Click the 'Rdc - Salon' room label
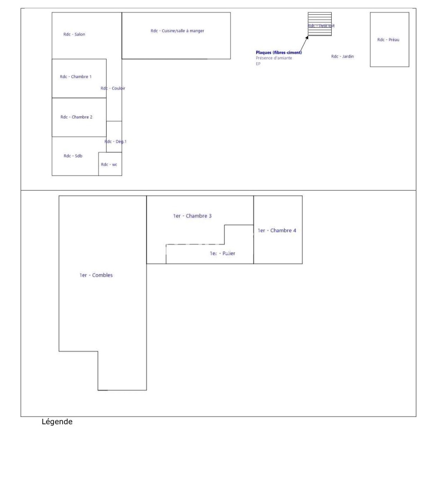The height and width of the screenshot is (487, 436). coord(74,35)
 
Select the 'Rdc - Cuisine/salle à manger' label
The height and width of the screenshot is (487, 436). coord(177,31)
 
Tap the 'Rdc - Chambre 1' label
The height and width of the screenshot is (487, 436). coord(75,77)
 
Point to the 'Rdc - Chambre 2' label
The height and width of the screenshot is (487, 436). coord(76,117)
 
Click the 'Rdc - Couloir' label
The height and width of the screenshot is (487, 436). coord(113,88)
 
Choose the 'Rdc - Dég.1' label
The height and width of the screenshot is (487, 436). coord(115,141)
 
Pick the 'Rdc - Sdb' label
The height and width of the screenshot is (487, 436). coord(73,156)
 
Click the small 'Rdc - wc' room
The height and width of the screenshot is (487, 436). coord(109,164)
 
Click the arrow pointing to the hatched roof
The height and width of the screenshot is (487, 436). coord(305,43)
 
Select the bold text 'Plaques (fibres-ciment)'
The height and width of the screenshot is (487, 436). coord(279,53)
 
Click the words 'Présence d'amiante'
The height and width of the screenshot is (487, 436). coord(274,58)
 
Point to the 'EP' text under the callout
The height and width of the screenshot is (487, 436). coord(258,64)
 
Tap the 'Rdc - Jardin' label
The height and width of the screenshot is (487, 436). coord(342,56)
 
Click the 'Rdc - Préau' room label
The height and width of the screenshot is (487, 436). coord(388,40)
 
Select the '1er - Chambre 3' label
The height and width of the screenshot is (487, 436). coord(192,216)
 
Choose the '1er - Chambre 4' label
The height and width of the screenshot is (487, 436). coord(276,230)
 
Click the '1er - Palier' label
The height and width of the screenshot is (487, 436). coord(222,253)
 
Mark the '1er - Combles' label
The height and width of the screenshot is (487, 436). coord(96,275)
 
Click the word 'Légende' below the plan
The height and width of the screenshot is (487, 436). coord(57,422)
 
